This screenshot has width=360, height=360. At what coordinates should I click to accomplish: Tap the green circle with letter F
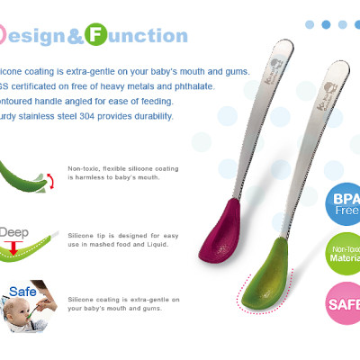pyautogui.click(x=94, y=36)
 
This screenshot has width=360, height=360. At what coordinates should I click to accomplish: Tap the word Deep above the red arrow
pyautogui.click(x=15, y=232)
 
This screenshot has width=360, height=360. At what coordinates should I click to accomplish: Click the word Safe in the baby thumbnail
pyautogui.click(x=25, y=292)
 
